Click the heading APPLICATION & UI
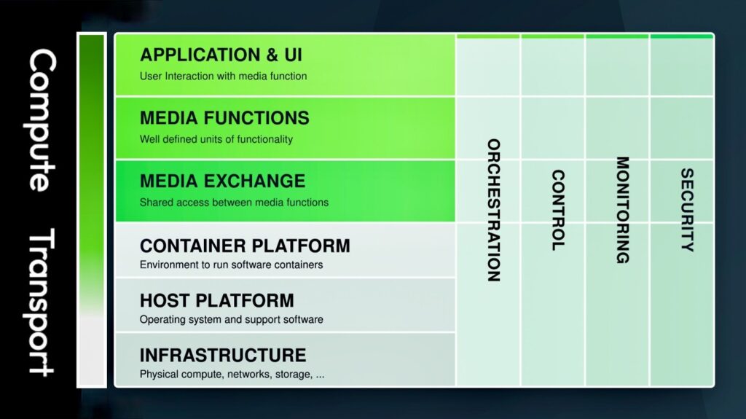click(x=221, y=55)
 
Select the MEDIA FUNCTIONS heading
click(x=224, y=117)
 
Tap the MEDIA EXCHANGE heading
click(x=223, y=181)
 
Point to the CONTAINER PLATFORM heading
click(x=245, y=246)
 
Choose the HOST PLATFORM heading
click(x=217, y=300)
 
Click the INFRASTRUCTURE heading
click(x=223, y=355)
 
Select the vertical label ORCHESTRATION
click(x=494, y=210)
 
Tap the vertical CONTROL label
click(x=558, y=210)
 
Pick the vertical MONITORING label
click(x=622, y=210)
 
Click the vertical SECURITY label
click(x=687, y=210)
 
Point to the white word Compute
click(x=42, y=120)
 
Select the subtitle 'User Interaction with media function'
click(x=223, y=77)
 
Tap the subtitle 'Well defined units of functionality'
click(x=216, y=139)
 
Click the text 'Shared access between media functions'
click(x=234, y=203)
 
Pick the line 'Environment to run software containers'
click(x=231, y=265)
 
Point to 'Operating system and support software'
click(x=231, y=319)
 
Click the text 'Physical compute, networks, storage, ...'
click(x=232, y=375)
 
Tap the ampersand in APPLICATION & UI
click(x=272, y=55)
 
